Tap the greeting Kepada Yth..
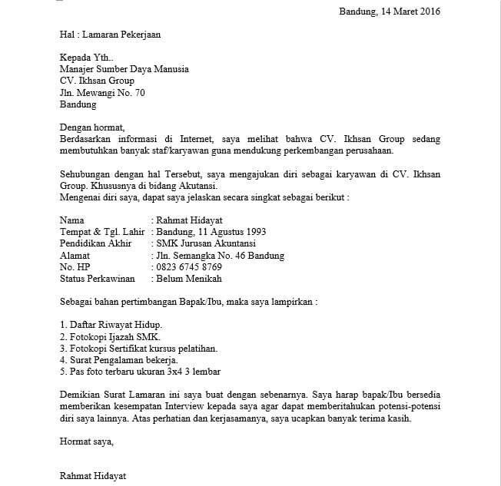[85, 58]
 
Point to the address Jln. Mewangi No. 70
[101, 93]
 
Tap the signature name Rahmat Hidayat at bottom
[92, 476]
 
